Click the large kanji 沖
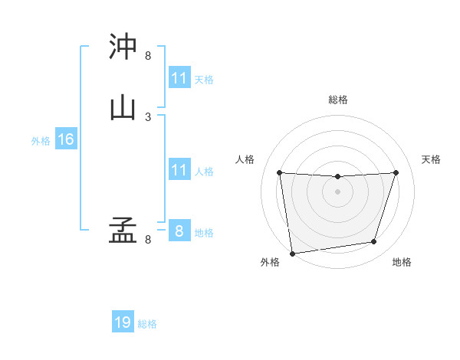(123, 47)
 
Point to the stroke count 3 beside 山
(148, 116)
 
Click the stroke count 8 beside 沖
(148, 56)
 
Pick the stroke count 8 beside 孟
(148, 240)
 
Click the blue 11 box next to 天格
(179, 78)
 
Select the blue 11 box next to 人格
(179, 170)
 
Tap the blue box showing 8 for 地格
(179, 231)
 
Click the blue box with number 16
(65, 139)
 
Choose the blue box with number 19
(123, 322)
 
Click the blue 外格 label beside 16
(41, 140)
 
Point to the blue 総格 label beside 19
(147, 324)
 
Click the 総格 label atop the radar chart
(337, 100)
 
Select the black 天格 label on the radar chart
(432, 159)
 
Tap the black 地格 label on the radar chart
(402, 262)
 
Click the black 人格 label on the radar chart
(245, 159)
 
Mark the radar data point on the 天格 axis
(396, 172)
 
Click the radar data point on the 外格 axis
(292, 253)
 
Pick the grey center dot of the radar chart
(337, 191)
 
